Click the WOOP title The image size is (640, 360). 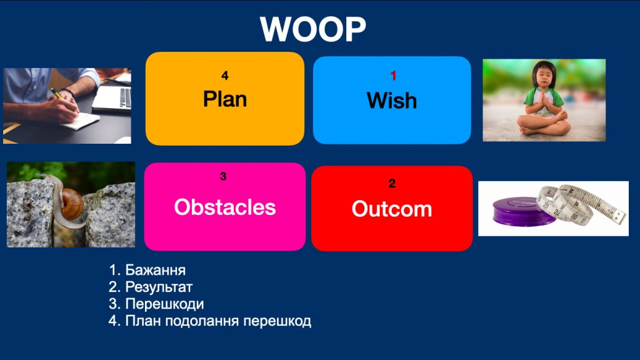pyautogui.click(x=312, y=29)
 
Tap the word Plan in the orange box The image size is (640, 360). pyautogui.click(x=225, y=99)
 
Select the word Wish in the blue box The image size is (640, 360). pyautogui.click(x=392, y=101)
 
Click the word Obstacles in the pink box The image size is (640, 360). pyautogui.click(x=225, y=207)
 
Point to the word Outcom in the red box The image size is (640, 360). pyautogui.click(x=392, y=209)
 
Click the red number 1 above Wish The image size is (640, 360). pyautogui.click(x=393, y=76)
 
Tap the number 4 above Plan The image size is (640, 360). pyautogui.click(x=225, y=76)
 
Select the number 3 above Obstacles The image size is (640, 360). pyautogui.click(x=223, y=176)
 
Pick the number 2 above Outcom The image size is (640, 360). pyautogui.click(x=392, y=183)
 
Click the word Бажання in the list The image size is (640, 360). pyautogui.click(x=155, y=270)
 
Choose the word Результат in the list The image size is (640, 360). pyautogui.click(x=159, y=287)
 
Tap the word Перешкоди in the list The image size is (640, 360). pyautogui.click(x=164, y=304)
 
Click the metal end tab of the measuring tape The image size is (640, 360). pyautogui.click(x=619, y=217)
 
